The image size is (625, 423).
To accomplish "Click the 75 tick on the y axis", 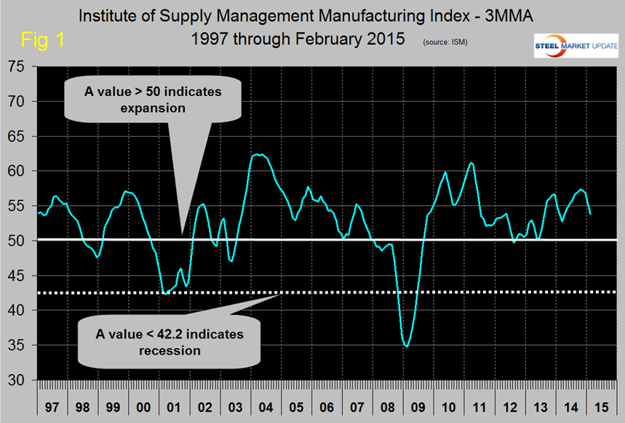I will (x=17, y=67).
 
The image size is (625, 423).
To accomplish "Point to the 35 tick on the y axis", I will (x=17, y=346).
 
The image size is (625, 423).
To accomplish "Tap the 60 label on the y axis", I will (x=17, y=172).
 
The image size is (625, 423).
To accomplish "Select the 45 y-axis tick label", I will (x=17, y=276).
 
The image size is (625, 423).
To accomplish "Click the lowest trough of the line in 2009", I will (x=406, y=347).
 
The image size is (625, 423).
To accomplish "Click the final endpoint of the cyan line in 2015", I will (x=589, y=214).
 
